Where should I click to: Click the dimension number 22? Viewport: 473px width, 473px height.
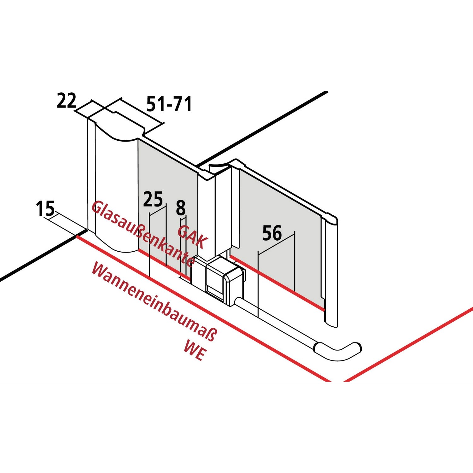(67, 101)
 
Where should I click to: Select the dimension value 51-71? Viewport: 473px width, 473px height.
(169, 104)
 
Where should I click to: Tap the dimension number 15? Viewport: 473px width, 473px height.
(45, 208)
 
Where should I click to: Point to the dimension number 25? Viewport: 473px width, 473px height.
(153, 199)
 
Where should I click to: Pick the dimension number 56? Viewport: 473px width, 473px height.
(272, 233)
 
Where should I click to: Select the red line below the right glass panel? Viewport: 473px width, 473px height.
(277, 283)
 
